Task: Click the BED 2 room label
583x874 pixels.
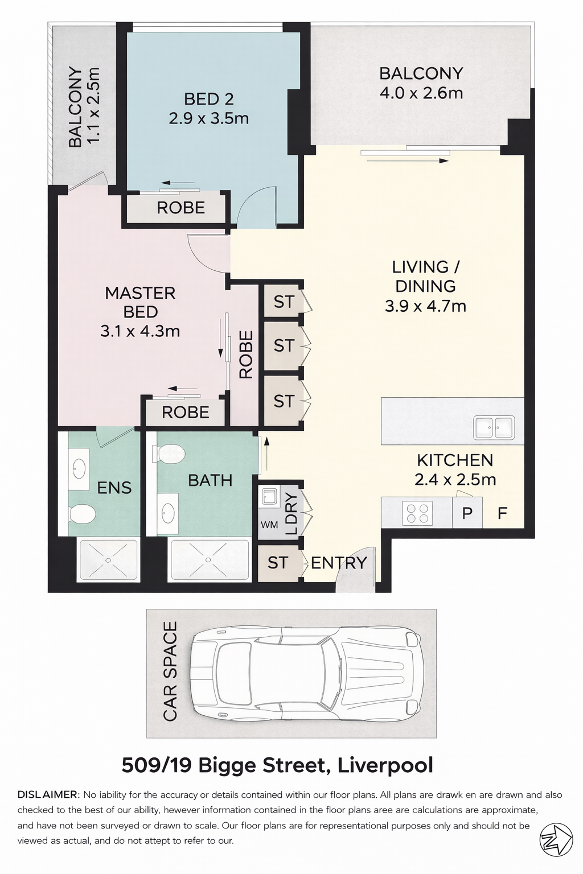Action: pos(209,99)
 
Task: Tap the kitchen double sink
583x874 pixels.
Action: pos(493,427)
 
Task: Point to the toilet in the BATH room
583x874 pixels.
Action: pos(170,454)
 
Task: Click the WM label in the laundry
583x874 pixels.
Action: pos(269,525)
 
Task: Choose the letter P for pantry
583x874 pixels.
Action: pos(467,513)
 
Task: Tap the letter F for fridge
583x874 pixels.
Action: pos(502,513)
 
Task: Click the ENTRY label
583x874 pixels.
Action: pos(339,563)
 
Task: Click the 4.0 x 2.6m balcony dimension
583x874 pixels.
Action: pos(421,93)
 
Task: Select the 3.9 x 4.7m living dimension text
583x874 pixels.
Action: pos(426,306)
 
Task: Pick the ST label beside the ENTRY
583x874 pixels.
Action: pos(278,563)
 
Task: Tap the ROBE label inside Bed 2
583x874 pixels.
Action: pos(181,208)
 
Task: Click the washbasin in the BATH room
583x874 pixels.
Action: pos(168,509)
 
